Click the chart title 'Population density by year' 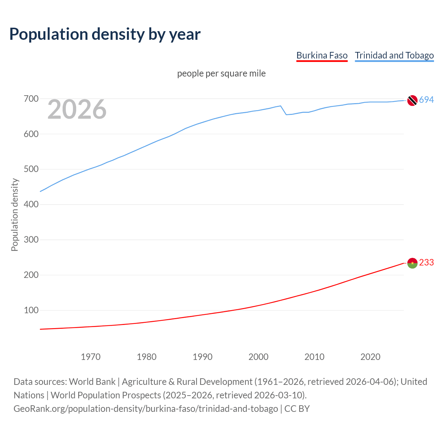105,34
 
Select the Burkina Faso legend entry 322,56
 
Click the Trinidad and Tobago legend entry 394,56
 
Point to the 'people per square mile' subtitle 221,74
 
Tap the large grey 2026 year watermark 77,109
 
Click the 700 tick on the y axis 31,99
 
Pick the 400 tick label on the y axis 31,205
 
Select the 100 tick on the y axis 31,310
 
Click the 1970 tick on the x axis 91,357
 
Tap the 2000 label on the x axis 259,357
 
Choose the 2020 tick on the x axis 370,357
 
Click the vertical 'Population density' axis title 15,215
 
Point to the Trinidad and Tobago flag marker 412,100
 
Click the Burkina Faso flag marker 412,263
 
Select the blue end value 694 426,100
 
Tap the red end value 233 426,263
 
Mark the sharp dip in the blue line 286,114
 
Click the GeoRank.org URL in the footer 146,409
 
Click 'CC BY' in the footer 297,409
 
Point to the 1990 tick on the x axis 202,357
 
